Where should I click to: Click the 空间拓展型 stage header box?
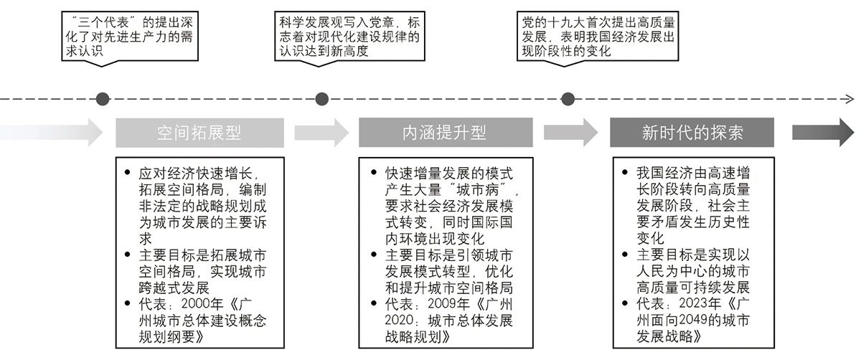199,133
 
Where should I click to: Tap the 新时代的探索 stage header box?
692,133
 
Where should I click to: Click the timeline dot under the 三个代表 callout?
103,98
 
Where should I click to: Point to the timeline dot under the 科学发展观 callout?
322,98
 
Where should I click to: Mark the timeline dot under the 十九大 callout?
568,98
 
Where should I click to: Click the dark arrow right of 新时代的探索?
822,133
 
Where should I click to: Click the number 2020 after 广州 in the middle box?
400,321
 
